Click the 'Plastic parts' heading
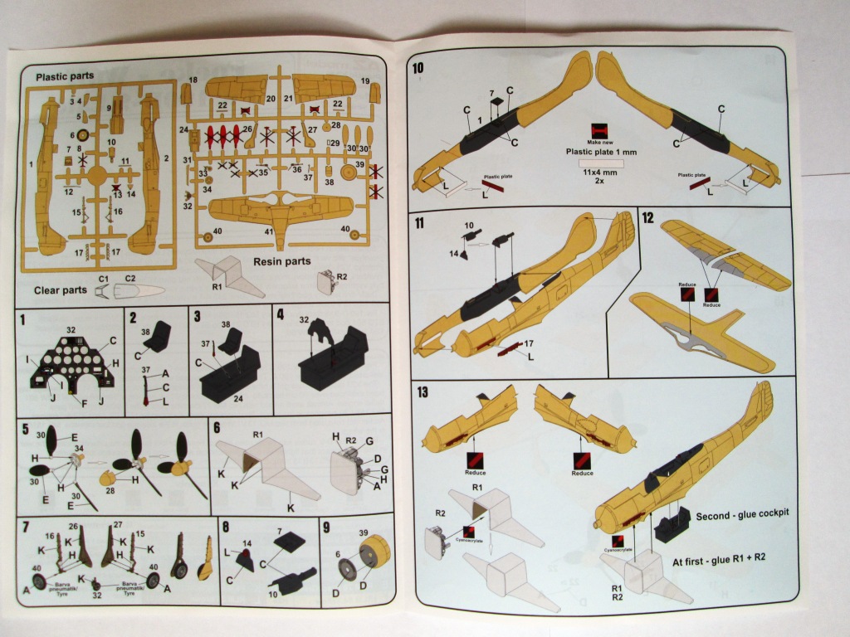65,76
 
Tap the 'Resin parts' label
282,261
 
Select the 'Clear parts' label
61,291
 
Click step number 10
418,67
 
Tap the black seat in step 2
158,338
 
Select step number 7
26,527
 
